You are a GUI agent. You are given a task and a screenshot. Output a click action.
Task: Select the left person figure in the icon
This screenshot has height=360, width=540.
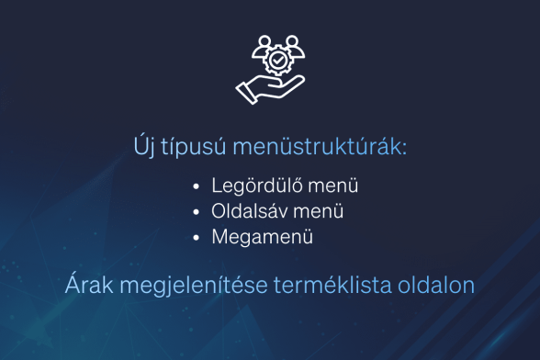[x=262, y=43]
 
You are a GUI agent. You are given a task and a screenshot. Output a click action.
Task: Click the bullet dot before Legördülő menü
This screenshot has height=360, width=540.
[x=197, y=186]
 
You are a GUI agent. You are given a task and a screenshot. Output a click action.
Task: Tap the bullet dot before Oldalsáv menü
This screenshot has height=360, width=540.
[x=197, y=212]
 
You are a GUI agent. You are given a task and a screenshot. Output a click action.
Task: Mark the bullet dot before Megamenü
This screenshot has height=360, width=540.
[x=197, y=238]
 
